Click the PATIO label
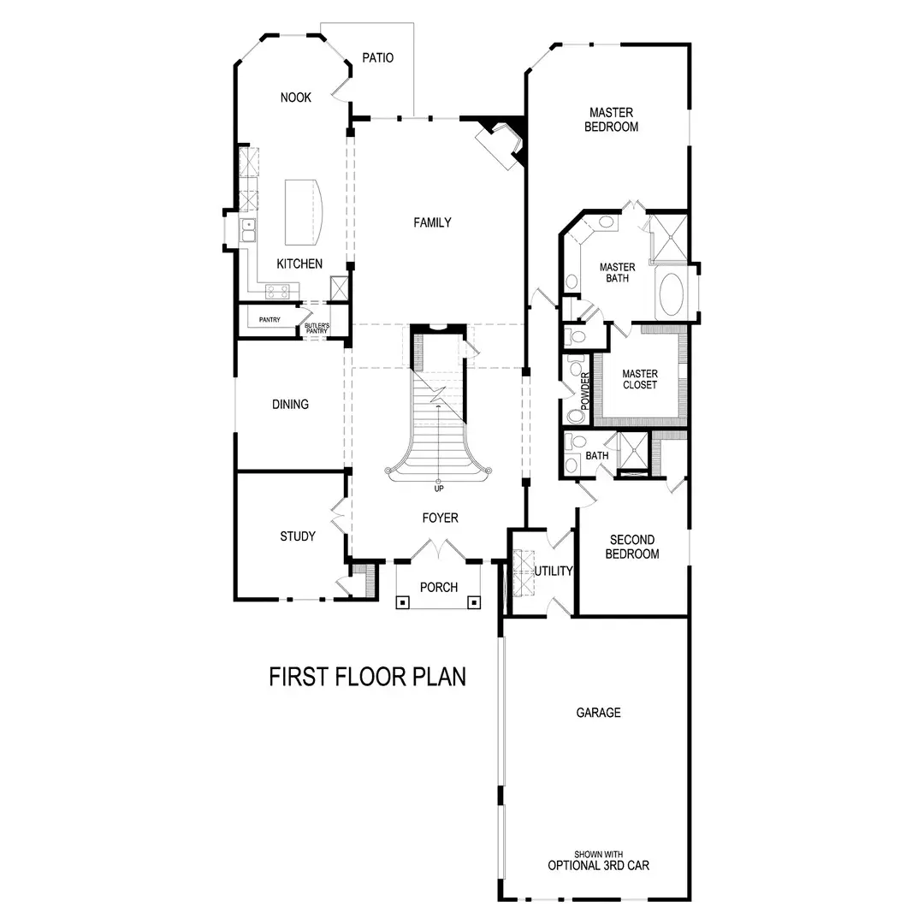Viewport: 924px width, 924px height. click(377, 58)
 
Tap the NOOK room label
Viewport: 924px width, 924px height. click(296, 98)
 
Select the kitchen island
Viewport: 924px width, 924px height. click(305, 210)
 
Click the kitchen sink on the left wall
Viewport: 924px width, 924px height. click(249, 229)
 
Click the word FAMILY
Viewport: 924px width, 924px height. click(432, 222)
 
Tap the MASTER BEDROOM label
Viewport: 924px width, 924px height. click(611, 120)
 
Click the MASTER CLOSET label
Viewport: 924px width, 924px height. click(639, 379)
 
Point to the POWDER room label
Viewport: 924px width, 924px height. click(586, 389)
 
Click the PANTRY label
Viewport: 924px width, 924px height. click(269, 320)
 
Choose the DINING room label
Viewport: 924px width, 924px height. click(290, 404)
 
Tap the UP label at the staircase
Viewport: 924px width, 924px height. click(438, 489)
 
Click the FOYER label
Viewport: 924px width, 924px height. click(440, 518)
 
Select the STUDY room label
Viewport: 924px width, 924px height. click(298, 536)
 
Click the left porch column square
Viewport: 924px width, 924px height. click(401, 601)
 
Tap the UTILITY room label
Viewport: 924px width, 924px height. click(554, 571)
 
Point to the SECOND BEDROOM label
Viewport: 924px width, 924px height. click(632, 547)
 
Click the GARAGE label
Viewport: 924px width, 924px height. click(598, 713)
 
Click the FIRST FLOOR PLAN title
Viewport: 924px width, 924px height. click(368, 677)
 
